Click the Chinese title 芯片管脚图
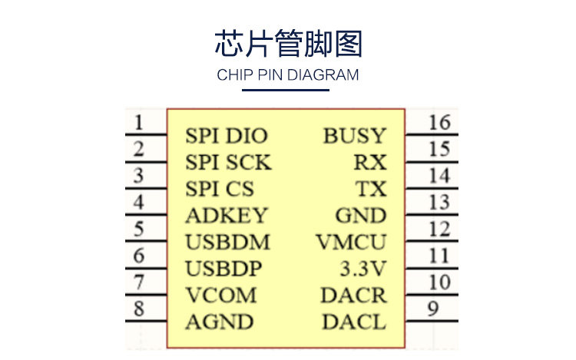click(x=288, y=44)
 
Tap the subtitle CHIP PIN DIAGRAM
click(x=288, y=75)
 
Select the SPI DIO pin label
click(x=226, y=136)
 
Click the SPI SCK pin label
click(x=228, y=163)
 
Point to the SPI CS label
click(x=220, y=189)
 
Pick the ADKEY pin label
click(x=226, y=216)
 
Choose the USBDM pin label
click(x=227, y=242)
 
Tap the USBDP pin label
click(x=223, y=269)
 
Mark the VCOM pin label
click(x=220, y=295)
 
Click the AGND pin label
click(x=219, y=322)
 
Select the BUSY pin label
click(x=354, y=136)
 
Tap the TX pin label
click(x=371, y=189)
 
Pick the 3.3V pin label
click(x=363, y=269)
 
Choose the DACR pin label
click(x=353, y=295)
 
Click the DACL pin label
click(x=353, y=322)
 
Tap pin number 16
click(x=439, y=122)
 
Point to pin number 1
click(x=138, y=122)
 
